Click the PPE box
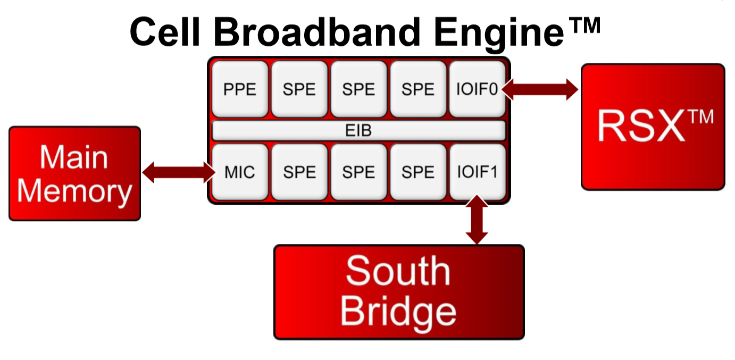tap(240, 89)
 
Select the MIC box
tap(240, 172)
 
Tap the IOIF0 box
tap(477, 89)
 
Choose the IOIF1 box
tap(477, 172)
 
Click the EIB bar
tap(358, 130)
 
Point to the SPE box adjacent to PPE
tap(299, 89)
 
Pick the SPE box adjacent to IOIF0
tap(418, 89)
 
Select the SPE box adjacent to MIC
tap(299, 172)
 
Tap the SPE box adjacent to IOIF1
tap(418, 172)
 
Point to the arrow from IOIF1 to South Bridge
tap(477, 220)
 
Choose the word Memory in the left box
tap(74, 191)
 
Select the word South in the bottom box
tap(398, 271)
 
